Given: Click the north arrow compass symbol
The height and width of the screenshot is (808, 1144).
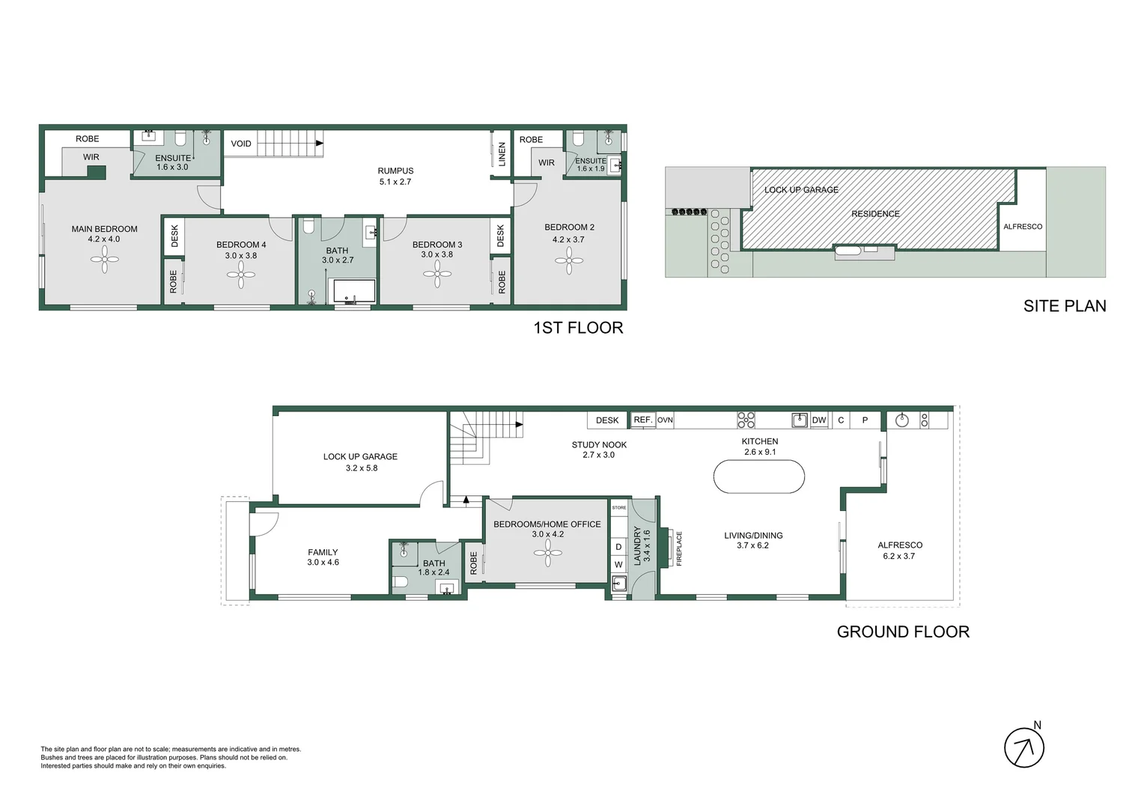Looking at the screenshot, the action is click(x=1024, y=747).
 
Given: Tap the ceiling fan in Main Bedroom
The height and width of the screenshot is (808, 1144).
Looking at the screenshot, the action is click(x=105, y=260).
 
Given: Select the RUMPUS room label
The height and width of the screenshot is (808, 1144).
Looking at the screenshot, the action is click(x=395, y=171).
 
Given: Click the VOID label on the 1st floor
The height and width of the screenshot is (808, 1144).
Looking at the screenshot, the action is click(x=241, y=144).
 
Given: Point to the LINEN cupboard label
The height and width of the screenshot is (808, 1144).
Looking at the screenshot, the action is click(x=502, y=154).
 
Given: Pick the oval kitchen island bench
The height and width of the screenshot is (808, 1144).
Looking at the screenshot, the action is click(x=759, y=477).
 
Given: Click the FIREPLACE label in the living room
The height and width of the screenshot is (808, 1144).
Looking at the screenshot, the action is click(x=679, y=548).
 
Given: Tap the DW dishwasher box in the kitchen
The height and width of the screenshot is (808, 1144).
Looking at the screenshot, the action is click(x=818, y=420).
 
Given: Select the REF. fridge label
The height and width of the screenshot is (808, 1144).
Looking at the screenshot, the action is click(x=643, y=420).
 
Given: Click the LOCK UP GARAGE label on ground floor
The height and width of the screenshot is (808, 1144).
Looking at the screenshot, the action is click(x=360, y=457).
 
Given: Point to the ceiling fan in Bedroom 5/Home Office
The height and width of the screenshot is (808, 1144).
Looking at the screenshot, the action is click(x=548, y=553).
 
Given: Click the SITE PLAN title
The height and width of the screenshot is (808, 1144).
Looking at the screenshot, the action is click(x=1065, y=306).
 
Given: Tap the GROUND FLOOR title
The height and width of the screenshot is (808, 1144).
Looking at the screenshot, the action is click(x=903, y=632).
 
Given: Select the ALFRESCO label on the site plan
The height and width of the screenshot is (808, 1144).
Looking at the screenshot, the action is click(x=1023, y=227).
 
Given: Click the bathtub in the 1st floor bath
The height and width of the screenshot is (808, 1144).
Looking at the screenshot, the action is click(x=354, y=291).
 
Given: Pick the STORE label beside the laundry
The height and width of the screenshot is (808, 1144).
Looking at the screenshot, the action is click(x=619, y=508).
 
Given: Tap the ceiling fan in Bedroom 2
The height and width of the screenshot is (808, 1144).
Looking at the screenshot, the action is click(x=569, y=261).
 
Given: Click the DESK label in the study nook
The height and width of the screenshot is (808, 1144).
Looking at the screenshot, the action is click(x=607, y=420).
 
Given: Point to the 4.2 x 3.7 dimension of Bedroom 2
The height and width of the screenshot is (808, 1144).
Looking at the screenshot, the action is click(x=568, y=239).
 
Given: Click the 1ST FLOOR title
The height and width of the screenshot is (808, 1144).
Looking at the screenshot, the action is click(x=578, y=328).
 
